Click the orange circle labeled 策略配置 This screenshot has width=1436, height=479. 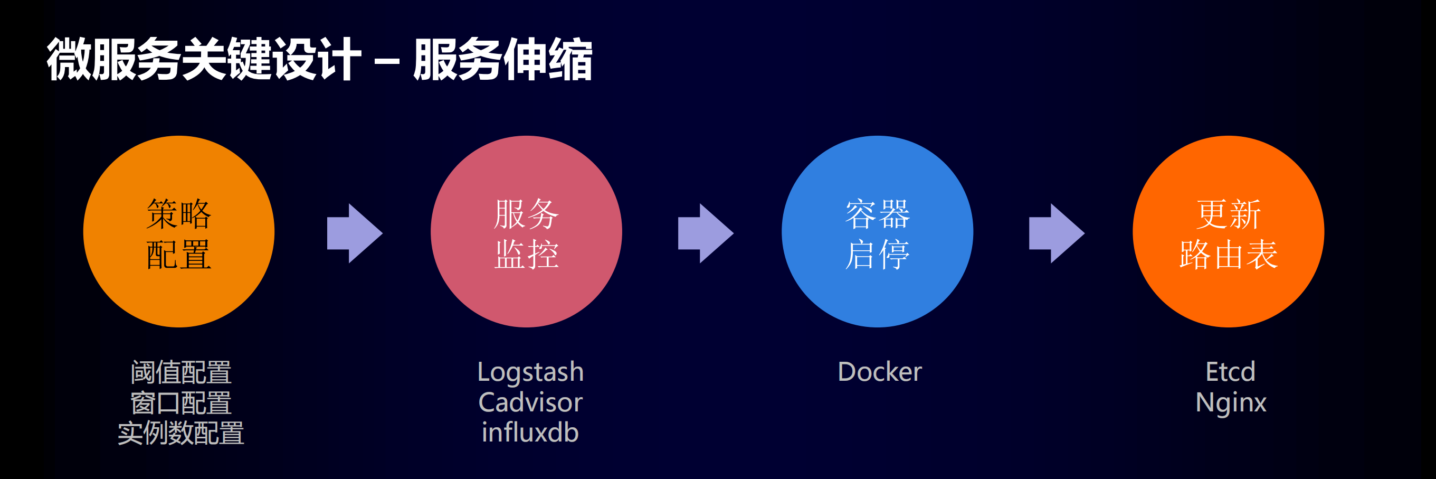[x=178, y=231]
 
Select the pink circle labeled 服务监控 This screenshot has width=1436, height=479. [x=526, y=231]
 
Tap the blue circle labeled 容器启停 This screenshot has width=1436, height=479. [x=877, y=231]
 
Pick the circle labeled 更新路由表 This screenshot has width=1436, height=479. [x=1228, y=231]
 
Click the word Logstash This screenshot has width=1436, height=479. [x=530, y=372]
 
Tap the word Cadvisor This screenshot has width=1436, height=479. [x=530, y=402]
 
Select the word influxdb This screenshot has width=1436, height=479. [x=530, y=433]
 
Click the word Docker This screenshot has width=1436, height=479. [x=880, y=372]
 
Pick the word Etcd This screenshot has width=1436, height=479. [x=1230, y=372]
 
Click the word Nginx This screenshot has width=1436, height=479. [x=1230, y=402]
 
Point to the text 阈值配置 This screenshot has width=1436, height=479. [x=180, y=372]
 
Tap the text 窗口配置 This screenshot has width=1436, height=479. [x=180, y=402]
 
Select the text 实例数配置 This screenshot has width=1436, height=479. [x=180, y=433]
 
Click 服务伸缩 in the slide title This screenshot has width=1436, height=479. [x=503, y=60]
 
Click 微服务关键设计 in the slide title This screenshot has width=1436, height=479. [x=204, y=60]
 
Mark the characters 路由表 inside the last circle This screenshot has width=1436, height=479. [x=1228, y=255]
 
